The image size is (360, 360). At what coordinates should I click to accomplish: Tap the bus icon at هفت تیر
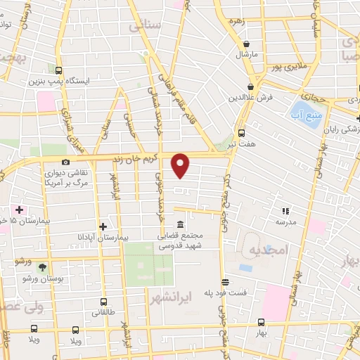242,134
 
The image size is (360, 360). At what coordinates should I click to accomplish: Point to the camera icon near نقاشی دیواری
65,162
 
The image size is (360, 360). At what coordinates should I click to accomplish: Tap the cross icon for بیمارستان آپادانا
103,226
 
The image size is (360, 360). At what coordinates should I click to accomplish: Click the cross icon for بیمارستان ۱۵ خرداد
19,210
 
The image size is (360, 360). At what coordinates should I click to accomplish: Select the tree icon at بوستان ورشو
43,267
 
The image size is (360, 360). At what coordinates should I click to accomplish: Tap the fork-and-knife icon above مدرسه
285,210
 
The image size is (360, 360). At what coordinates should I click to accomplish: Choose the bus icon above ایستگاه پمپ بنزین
58,70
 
